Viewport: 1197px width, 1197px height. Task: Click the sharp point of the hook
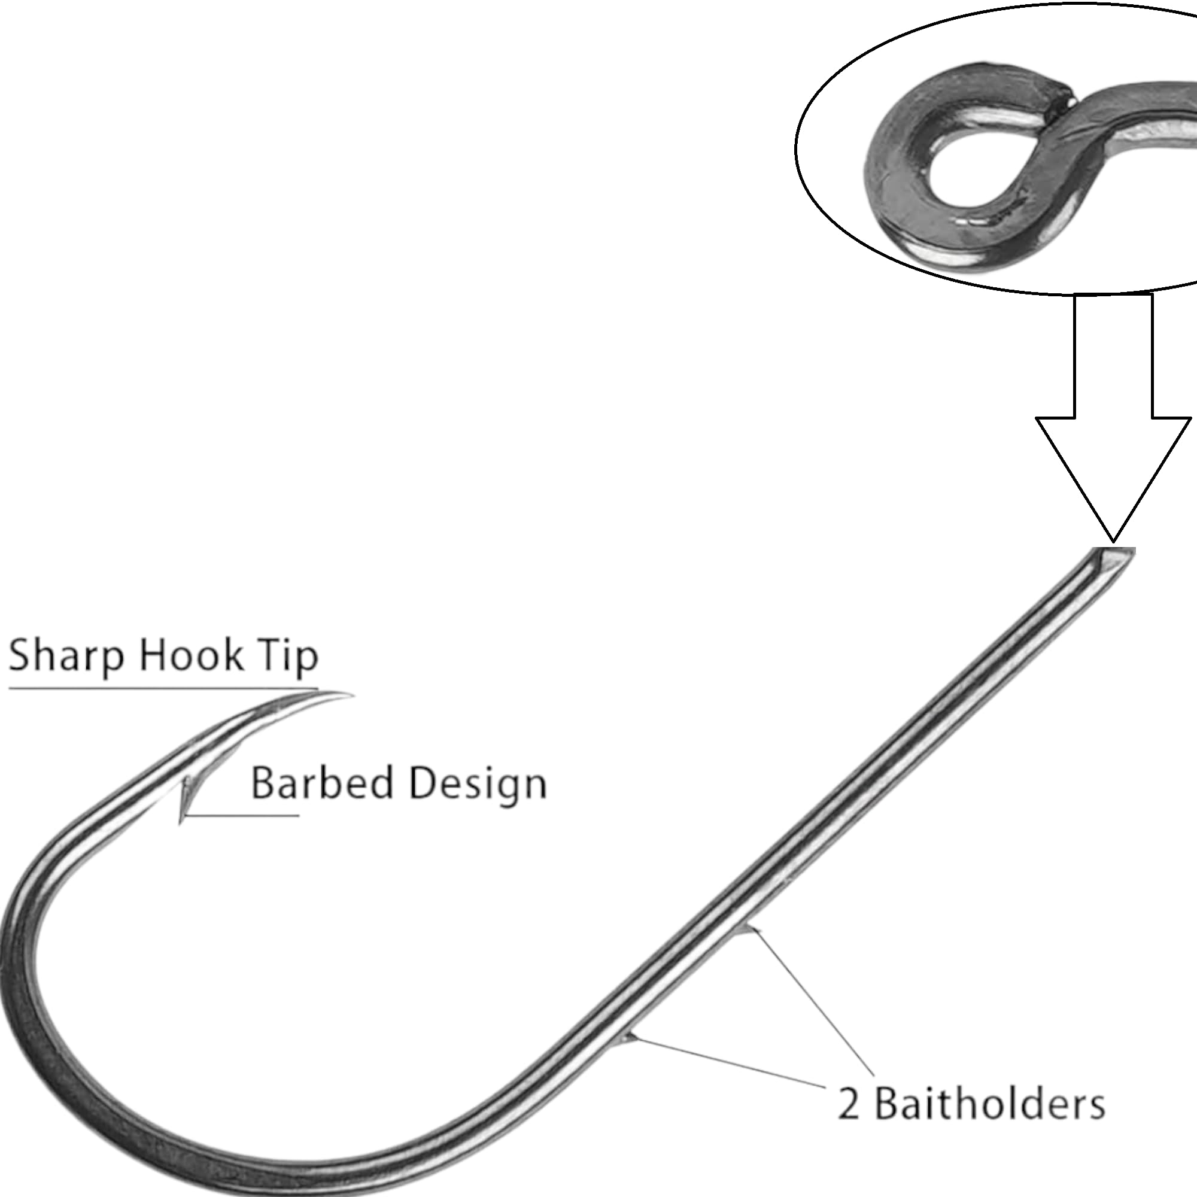352,695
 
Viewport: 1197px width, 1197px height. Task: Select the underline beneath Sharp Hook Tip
163,688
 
